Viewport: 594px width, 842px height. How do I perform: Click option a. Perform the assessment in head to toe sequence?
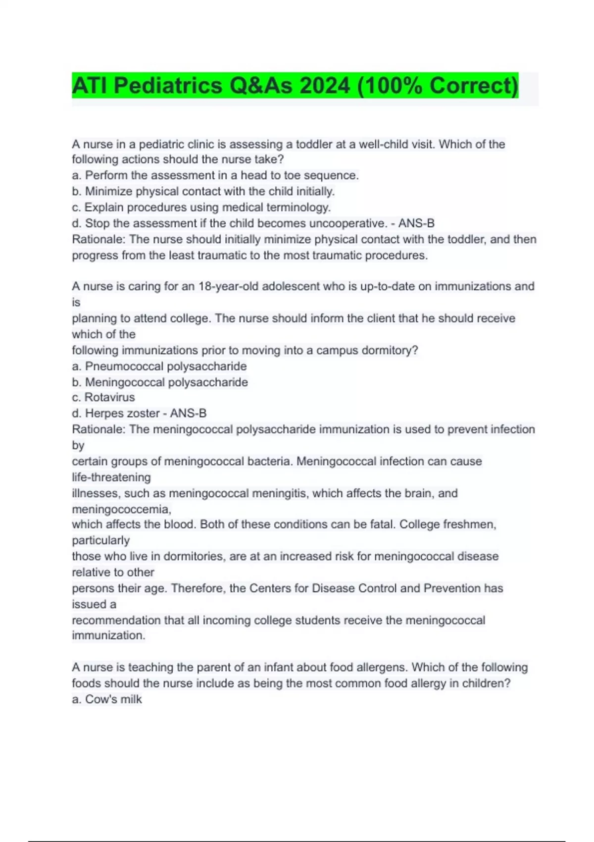[x=215, y=175]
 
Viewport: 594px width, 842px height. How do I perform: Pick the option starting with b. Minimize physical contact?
[x=203, y=191]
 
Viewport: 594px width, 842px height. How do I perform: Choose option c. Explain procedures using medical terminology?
[x=201, y=207]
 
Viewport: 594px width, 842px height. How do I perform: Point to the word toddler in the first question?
[x=314, y=144]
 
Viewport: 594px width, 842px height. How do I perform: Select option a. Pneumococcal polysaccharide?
[x=159, y=366]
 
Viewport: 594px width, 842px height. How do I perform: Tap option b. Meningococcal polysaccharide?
[x=160, y=382]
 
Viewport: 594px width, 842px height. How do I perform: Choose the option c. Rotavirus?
[x=103, y=397]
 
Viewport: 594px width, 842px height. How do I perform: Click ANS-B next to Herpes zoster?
[x=188, y=413]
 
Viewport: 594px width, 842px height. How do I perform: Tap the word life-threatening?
[x=111, y=477]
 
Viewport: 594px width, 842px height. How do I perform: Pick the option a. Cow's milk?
[x=107, y=699]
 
